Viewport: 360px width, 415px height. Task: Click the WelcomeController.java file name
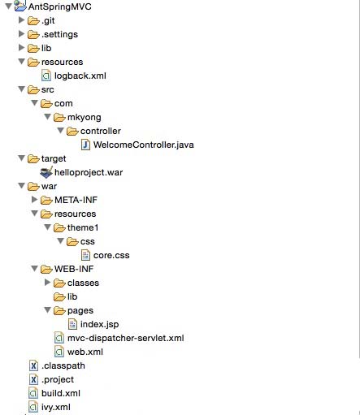pos(143,145)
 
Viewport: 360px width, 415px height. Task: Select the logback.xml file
pos(80,76)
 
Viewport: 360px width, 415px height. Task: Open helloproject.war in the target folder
pos(89,172)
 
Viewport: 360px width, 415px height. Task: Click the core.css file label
pos(111,255)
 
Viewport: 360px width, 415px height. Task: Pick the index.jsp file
pos(99,324)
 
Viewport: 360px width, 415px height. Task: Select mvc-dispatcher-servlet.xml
pos(126,338)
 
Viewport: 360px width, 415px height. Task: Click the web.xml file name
pos(85,352)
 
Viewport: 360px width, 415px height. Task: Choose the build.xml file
pos(61,393)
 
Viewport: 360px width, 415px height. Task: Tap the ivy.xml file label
pos(56,407)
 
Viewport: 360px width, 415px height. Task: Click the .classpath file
pos(63,365)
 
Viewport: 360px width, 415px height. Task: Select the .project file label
pos(58,379)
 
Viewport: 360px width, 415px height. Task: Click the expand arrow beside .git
pos(21,20)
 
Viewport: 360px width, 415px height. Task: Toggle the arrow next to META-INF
pos(34,200)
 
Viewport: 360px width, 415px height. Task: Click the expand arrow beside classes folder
pos(47,283)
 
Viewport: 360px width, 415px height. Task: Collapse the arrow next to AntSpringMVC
pos(8,6)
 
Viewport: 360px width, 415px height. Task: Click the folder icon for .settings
pos(33,34)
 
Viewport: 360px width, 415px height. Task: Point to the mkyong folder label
pos(85,117)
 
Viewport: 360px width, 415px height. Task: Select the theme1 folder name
pos(83,227)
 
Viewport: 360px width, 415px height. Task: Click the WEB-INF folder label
pos(74,269)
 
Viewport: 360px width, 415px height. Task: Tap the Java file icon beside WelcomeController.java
pos(85,145)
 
